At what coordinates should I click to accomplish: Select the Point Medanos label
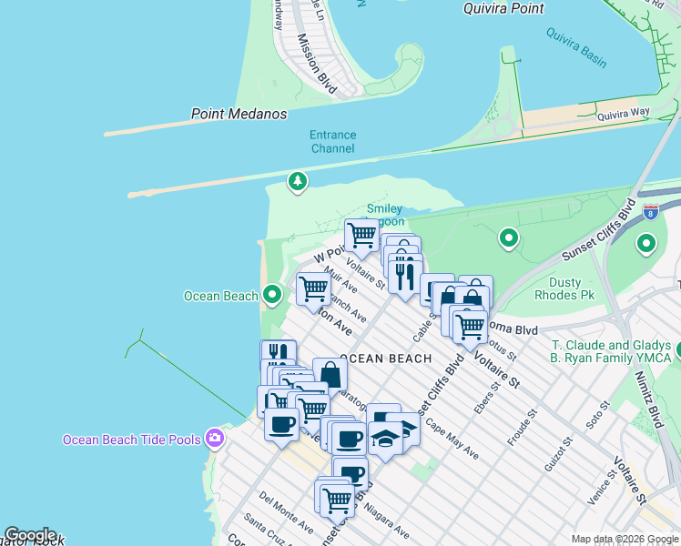[239, 114]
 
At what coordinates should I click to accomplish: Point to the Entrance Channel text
[333, 141]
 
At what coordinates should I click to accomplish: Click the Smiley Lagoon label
[384, 215]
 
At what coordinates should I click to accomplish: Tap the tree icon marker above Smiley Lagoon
[297, 182]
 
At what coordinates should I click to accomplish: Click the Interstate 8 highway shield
[651, 212]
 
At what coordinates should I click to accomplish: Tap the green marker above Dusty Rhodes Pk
[509, 239]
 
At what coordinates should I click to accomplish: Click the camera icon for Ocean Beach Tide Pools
[215, 440]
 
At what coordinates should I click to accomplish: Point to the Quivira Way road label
[624, 113]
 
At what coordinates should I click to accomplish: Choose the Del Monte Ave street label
[286, 512]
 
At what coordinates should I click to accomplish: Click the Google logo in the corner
[29, 535]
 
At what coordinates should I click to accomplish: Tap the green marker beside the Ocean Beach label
[272, 295]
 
